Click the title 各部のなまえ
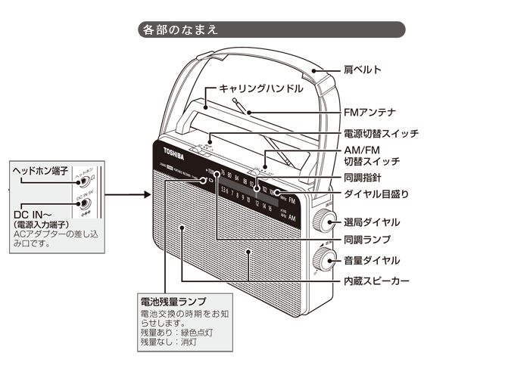(x=180, y=30)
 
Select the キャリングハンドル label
(x=261, y=88)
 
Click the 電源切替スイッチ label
(x=381, y=134)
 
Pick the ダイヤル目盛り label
(x=376, y=194)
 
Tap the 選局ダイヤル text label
(x=371, y=222)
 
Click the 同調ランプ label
(x=367, y=240)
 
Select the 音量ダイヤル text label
(x=371, y=261)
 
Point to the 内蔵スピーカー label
(x=376, y=280)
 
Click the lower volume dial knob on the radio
(x=326, y=259)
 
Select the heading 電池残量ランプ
(x=173, y=301)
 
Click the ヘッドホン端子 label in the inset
(x=41, y=170)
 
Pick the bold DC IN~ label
(x=32, y=214)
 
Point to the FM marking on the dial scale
(x=291, y=200)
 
